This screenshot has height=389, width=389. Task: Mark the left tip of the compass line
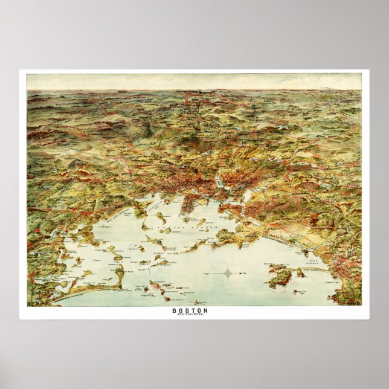(205, 273)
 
